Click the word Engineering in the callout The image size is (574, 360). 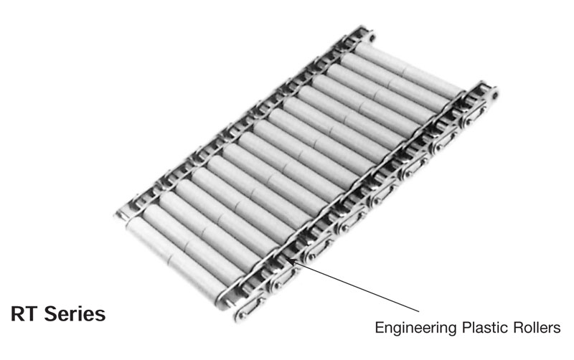[416, 328]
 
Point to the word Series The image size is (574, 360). [75, 314]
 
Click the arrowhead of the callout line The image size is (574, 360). [289, 260]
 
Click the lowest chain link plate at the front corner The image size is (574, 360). [246, 312]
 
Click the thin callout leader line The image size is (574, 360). [354, 286]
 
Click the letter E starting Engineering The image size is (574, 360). [380, 327]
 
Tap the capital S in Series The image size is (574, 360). [50, 314]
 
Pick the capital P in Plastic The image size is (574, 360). [466, 327]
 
